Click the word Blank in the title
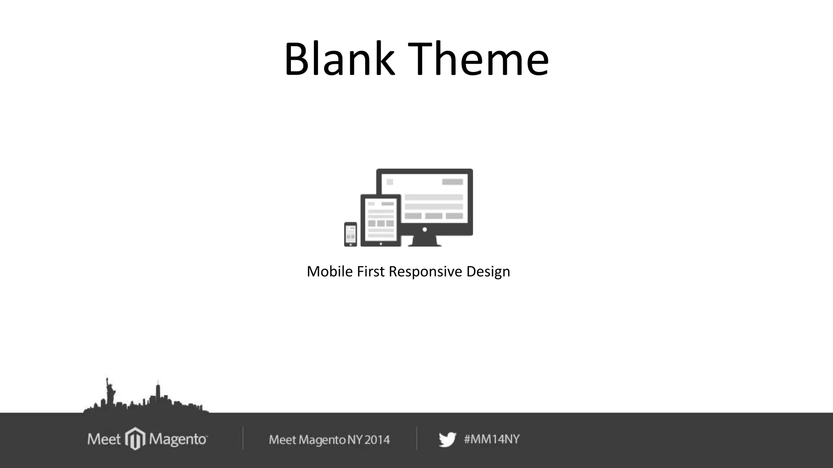[x=339, y=59]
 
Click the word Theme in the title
[x=478, y=59]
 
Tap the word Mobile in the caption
[x=329, y=271]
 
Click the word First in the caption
[x=370, y=271]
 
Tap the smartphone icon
[x=351, y=234]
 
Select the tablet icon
[x=380, y=221]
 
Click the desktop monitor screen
[x=434, y=199]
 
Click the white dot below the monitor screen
[x=425, y=230]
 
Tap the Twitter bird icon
[x=447, y=440]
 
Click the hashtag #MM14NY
[x=492, y=439]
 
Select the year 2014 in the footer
[x=377, y=440]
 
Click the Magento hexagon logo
[x=135, y=439]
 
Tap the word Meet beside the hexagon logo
[x=104, y=439]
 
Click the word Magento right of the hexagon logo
[x=178, y=439]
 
